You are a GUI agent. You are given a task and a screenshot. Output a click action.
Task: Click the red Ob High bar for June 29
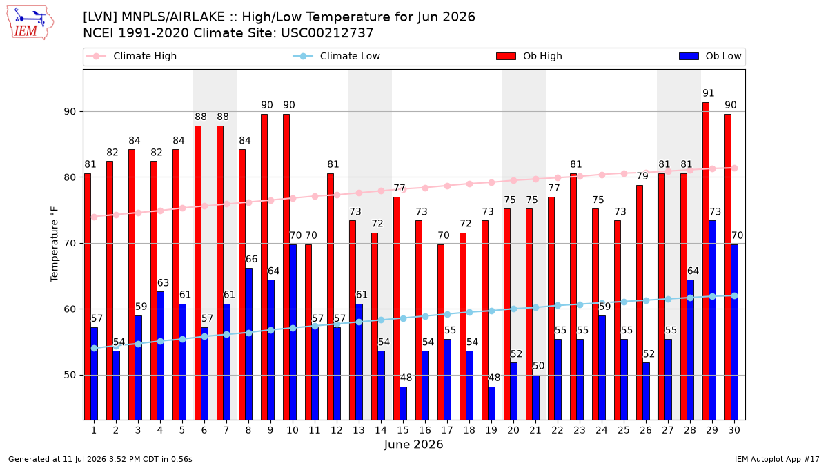pos(706,261)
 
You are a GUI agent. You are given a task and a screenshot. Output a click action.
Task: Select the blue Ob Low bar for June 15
pos(403,403)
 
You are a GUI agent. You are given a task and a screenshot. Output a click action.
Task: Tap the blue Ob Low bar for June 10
pos(293,332)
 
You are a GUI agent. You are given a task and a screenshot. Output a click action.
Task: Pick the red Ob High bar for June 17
pos(441,332)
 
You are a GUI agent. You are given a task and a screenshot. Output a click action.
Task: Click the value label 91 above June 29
pos(709,93)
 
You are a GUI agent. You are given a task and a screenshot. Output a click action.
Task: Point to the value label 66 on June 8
pos(251,260)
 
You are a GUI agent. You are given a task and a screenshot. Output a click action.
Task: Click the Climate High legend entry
pos(132,56)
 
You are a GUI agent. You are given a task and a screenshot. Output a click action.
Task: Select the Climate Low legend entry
pos(337,56)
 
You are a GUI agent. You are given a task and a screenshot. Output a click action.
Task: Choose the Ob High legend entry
pos(529,56)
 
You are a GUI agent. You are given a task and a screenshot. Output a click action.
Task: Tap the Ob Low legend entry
pos(711,56)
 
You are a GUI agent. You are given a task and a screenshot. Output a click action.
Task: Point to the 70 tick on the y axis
pos(70,243)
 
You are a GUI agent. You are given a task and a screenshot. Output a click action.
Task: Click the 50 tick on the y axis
pos(70,375)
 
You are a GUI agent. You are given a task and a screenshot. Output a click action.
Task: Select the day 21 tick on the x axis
pos(535,430)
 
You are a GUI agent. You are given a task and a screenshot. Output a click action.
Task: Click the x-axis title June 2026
pos(413,444)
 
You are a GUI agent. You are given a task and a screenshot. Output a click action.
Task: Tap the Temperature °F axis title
pos(55,244)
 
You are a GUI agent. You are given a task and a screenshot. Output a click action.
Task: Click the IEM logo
pos(30,23)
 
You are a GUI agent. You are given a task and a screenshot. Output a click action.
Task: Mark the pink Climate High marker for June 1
pos(95,217)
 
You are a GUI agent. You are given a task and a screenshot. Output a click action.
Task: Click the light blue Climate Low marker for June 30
pos(734,296)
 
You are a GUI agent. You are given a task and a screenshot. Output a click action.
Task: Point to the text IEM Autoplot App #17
pos(777,459)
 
